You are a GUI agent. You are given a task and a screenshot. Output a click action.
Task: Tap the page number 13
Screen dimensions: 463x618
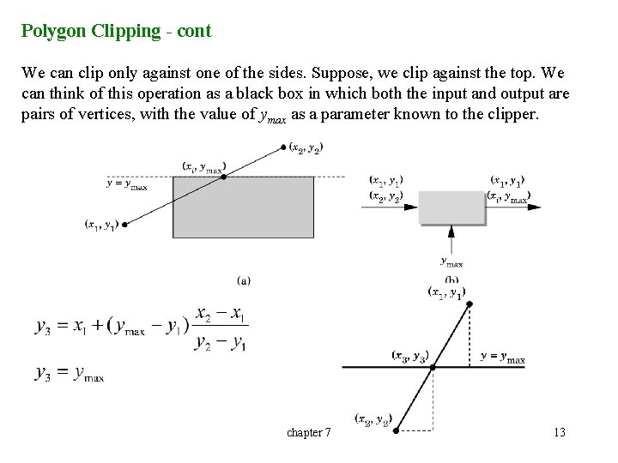pyautogui.click(x=559, y=432)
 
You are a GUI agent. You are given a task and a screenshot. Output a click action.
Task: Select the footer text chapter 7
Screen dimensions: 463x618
pyautogui.click(x=309, y=432)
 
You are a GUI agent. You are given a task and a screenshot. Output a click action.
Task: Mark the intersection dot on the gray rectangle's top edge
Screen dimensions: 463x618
pyautogui.click(x=226, y=176)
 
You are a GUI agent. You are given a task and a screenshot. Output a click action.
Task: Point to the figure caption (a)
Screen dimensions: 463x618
pyautogui.click(x=243, y=279)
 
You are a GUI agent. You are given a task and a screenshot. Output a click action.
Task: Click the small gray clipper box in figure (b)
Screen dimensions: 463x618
pyautogui.click(x=452, y=207)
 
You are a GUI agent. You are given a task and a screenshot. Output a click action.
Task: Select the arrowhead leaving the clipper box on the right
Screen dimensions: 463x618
pyautogui.click(x=536, y=207)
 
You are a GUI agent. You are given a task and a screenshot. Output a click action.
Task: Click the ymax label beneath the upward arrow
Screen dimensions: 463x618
pyautogui.click(x=451, y=262)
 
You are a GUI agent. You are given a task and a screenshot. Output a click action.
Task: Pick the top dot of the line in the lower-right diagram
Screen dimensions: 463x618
pyautogui.click(x=465, y=304)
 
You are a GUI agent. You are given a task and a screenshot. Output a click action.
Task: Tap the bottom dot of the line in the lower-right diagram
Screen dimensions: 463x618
pyautogui.click(x=396, y=433)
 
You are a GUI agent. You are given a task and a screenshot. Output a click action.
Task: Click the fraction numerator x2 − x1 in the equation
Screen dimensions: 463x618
pyautogui.click(x=221, y=316)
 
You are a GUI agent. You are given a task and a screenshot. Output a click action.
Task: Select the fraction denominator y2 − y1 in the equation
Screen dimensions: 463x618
pyautogui.click(x=221, y=343)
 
